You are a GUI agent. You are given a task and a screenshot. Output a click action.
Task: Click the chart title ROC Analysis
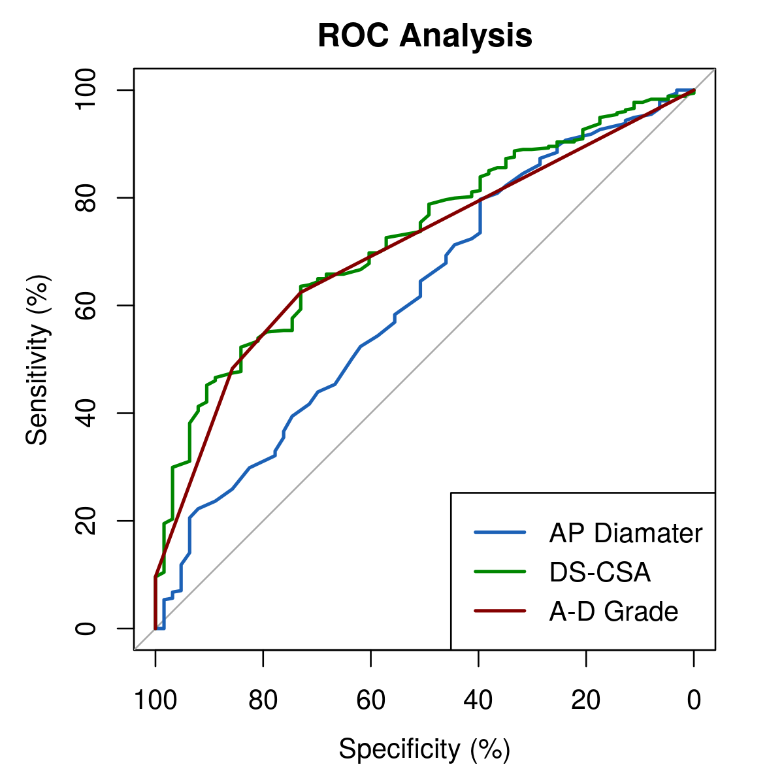[425, 36]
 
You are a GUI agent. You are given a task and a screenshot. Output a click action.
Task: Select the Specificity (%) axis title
[424, 749]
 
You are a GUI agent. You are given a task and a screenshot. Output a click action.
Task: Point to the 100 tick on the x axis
[155, 700]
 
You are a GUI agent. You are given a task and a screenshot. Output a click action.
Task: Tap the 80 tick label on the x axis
[263, 700]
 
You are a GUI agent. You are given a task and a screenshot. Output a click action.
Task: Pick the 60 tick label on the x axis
[371, 700]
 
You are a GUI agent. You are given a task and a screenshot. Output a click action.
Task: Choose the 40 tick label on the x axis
[479, 700]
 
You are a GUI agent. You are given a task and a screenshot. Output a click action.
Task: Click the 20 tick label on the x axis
[586, 700]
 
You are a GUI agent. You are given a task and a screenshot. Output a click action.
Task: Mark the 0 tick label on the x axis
[694, 700]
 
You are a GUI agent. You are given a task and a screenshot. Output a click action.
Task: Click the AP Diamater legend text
[625, 534]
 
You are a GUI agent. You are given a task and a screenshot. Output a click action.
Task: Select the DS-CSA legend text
[600, 572]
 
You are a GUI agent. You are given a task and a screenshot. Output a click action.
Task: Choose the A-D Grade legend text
[613, 612]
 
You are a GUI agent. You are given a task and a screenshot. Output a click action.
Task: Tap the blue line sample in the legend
[500, 533]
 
